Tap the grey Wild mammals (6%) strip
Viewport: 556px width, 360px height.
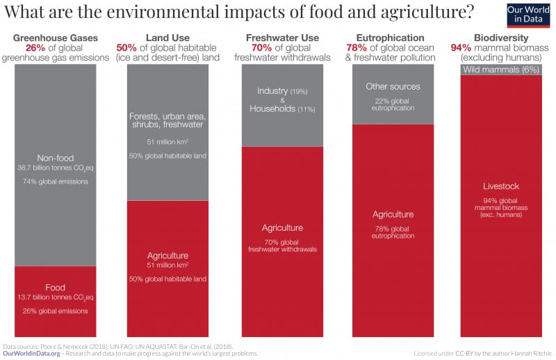coord(501,69)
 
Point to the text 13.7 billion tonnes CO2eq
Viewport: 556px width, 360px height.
coord(56,297)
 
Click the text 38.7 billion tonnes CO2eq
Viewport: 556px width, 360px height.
coord(56,168)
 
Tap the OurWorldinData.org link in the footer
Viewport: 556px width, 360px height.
coord(30,353)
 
